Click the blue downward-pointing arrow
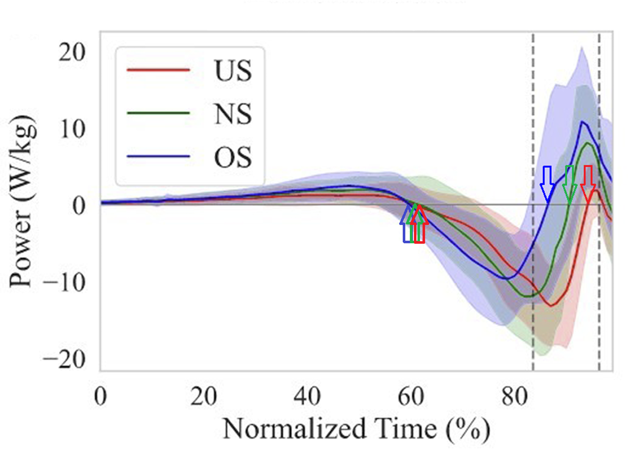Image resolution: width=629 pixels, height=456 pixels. [547, 184]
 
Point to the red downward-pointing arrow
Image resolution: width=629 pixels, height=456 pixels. [588, 184]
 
